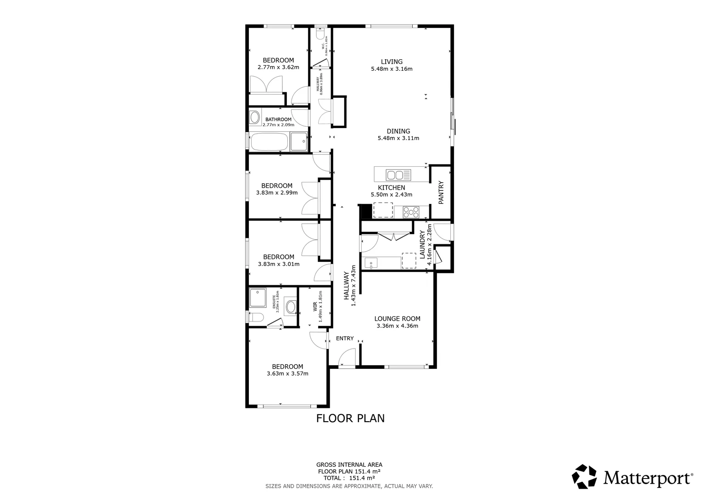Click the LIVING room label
pyautogui.click(x=392, y=62)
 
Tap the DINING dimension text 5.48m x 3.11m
pyautogui.click(x=398, y=138)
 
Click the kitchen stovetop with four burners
pyautogui.click(x=410, y=212)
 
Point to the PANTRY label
pyautogui.click(x=441, y=192)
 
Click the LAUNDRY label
pyautogui.click(x=422, y=244)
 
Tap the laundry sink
pyautogui.click(x=371, y=263)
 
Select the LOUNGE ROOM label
pyautogui.click(x=397, y=319)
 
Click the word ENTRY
pyautogui.click(x=345, y=338)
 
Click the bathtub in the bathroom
pyautogui.click(x=269, y=142)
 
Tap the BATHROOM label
pyautogui.click(x=278, y=119)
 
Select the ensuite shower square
pyautogui.click(x=258, y=298)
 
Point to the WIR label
pyautogui.click(x=315, y=307)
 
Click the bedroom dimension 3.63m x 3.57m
pyautogui.click(x=287, y=374)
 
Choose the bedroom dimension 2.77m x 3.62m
pyautogui.click(x=278, y=68)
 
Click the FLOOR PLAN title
pyautogui.click(x=350, y=418)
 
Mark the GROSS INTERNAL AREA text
pyautogui.click(x=349, y=465)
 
